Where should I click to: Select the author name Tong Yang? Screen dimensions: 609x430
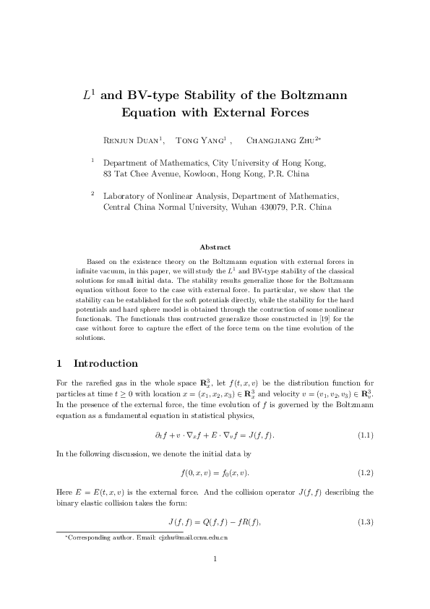[x=202, y=140]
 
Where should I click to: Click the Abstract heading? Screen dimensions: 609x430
[x=215, y=247]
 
